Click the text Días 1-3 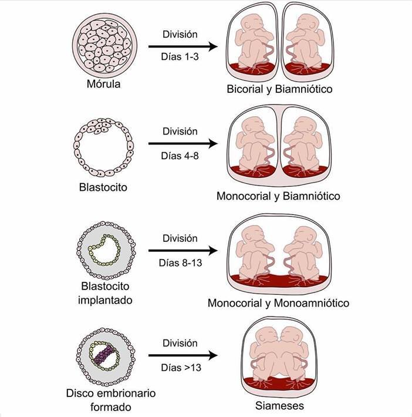click(180, 58)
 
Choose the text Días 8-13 click(180, 263)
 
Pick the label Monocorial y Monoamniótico click(278, 303)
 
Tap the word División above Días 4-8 click(180, 131)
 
